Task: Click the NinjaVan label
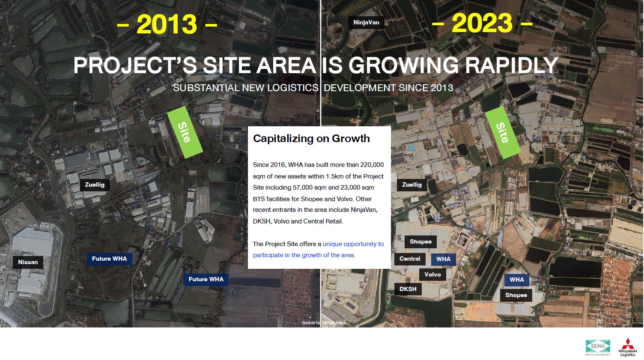(366, 22)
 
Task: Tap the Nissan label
(28, 262)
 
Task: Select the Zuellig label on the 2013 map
(95, 185)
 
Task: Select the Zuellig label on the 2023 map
(411, 185)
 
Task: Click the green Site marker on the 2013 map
(185, 132)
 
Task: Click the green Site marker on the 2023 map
(503, 132)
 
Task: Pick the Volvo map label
(432, 274)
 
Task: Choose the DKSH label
(408, 289)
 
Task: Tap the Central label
(410, 259)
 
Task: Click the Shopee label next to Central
(420, 241)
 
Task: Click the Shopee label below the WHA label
(516, 295)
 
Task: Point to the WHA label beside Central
(443, 259)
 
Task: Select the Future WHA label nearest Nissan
(110, 259)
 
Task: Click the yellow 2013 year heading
(167, 24)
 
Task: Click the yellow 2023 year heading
(482, 23)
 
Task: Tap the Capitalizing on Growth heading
(311, 139)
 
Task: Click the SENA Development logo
(598, 347)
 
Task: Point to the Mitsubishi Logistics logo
(628, 347)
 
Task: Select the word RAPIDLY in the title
(512, 65)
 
